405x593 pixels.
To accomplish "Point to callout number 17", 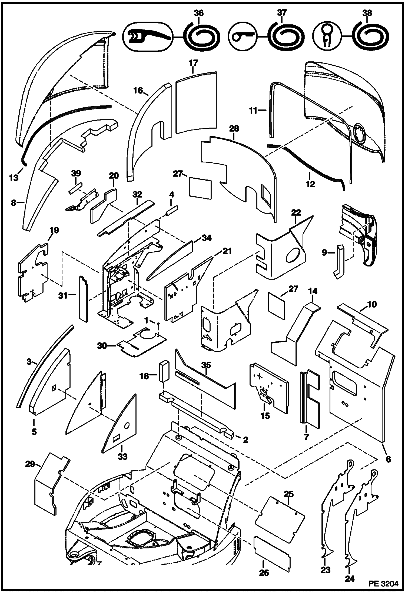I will [194, 63].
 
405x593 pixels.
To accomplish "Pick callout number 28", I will [234, 129].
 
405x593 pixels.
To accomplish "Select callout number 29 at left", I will [30, 464].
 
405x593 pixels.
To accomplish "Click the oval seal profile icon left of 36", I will [147, 36].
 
